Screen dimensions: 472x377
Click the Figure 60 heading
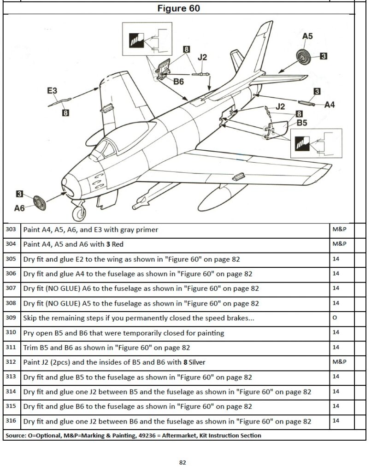[178, 8]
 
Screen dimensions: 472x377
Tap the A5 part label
[307, 36]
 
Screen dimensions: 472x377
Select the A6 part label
[19, 208]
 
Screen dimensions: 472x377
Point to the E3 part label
[52, 91]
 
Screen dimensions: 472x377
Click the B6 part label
[178, 82]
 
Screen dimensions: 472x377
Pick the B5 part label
[302, 123]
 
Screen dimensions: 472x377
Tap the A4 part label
[330, 105]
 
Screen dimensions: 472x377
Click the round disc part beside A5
[305, 57]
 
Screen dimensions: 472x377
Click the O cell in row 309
[335, 318]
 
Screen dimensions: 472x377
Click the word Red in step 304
[117, 244]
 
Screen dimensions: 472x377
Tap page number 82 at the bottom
[183, 462]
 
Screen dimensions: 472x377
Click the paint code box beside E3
[65, 112]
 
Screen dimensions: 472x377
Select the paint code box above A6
[19, 194]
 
